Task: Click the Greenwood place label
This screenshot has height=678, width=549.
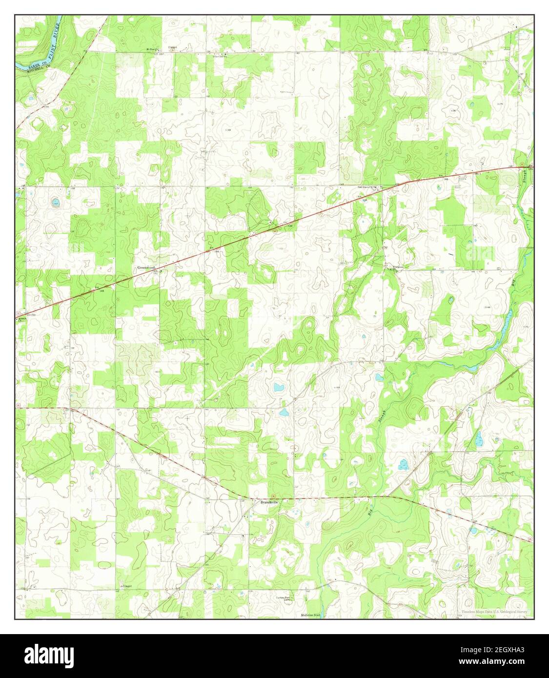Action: (x=146, y=268)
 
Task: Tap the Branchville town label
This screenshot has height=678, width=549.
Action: (x=269, y=502)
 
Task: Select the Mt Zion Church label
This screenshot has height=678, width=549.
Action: (x=153, y=49)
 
